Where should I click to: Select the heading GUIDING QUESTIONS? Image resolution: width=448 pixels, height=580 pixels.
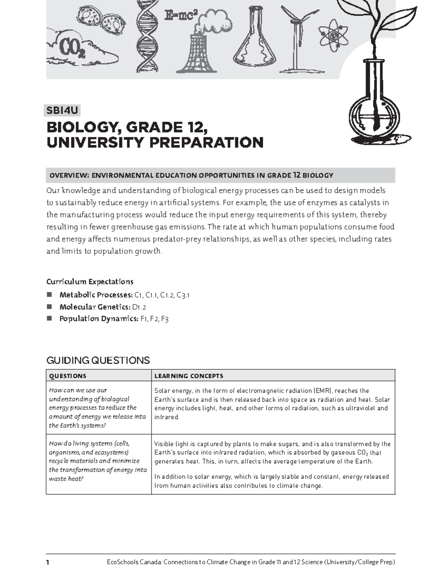tap(98, 360)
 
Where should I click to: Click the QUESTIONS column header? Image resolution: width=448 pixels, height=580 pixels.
tap(68, 376)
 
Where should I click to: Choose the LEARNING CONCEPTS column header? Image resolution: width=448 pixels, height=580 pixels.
tap(189, 376)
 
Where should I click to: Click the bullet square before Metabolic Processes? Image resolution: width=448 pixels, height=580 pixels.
tap(49, 295)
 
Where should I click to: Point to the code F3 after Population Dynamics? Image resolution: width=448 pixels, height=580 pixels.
tap(165, 319)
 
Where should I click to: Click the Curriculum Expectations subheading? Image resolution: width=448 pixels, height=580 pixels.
tap(90, 282)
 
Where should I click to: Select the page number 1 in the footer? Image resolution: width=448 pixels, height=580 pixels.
tap(48, 562)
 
